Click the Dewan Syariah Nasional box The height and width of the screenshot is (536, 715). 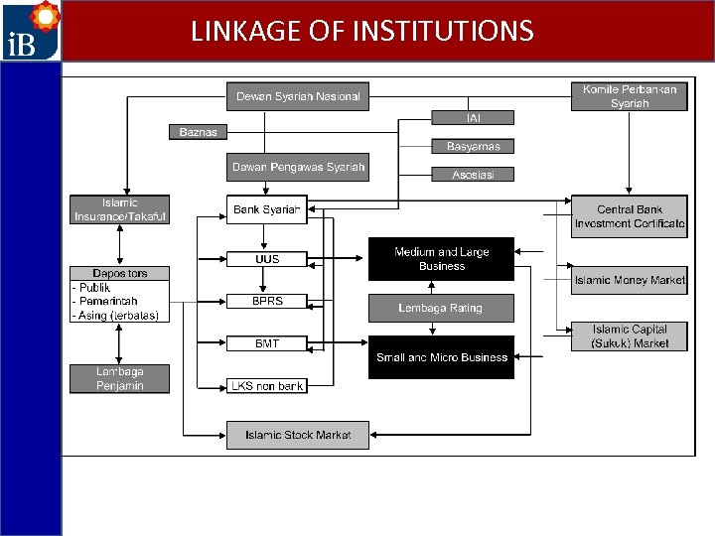(298, 96)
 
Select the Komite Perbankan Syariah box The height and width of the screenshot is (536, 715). (630, 96)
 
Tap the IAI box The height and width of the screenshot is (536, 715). (474, 118)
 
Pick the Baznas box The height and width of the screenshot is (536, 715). (198, 132)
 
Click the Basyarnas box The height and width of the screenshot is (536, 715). (474, 146)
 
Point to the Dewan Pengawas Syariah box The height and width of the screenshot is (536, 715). (298, 167)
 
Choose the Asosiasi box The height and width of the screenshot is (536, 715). (474, 175)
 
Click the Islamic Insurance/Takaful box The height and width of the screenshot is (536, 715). (119, 209)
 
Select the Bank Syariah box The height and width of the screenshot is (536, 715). (266, 209)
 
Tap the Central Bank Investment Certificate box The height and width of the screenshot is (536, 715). (630, 216)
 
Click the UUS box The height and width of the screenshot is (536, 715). (266, 259)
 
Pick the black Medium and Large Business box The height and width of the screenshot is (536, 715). (442, 259)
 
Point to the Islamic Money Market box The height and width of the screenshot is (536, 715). (630, 280)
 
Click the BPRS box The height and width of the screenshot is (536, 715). (266, 301)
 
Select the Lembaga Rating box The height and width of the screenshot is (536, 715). (442, 308)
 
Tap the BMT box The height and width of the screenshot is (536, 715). (266, 343)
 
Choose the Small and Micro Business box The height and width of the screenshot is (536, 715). (442, 357)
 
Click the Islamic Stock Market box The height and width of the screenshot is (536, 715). (298, 435)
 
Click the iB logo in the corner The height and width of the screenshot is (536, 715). (31, 31)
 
